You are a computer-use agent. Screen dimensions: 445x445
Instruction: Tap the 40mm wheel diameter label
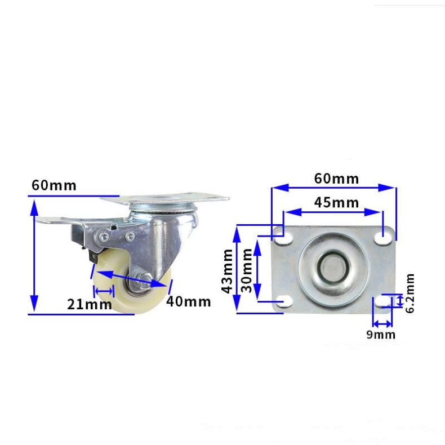[188, 302]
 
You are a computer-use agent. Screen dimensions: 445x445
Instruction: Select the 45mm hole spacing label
[336, 202]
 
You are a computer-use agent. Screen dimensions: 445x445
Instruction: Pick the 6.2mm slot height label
[410, 293]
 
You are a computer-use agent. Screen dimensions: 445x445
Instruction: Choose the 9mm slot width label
[381, 335]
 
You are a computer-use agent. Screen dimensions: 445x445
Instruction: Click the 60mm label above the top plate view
[336, 179]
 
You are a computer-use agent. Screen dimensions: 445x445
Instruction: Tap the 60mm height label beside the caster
[54, 185]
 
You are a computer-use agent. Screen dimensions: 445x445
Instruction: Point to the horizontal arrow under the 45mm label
[332, 212]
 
